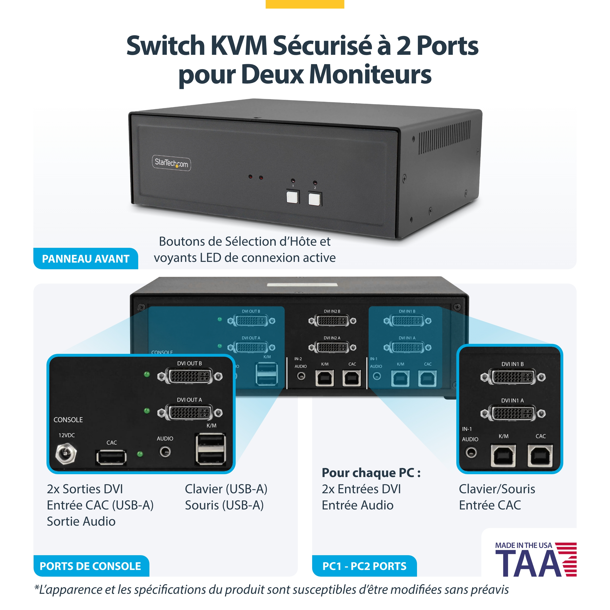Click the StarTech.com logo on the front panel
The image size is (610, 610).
(172, 163)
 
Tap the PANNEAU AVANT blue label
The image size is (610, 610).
(86, 259)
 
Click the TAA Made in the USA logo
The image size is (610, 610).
(536, 559)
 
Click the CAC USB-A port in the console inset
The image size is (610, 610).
(111, 457)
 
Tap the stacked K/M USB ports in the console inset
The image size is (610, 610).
(211, 449)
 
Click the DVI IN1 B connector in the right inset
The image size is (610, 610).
(513, 377)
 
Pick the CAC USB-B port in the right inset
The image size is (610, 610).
(540, 456)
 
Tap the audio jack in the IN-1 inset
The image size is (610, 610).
(471, 452)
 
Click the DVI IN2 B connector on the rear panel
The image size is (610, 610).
(332, 321)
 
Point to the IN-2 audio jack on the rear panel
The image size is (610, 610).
(301, 376)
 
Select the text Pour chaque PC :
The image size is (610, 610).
(371, 473)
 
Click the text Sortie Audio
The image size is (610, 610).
(81, 521)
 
